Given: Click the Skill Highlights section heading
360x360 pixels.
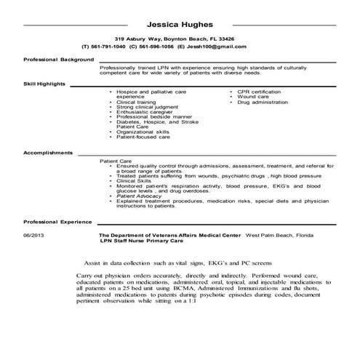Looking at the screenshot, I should [44, 84].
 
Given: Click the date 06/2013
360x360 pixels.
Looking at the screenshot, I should [34, 236].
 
